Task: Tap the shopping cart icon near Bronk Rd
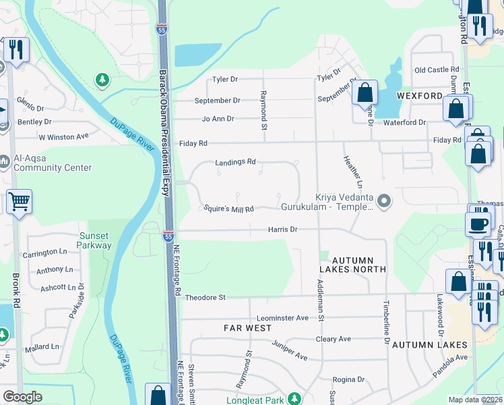(19, 200)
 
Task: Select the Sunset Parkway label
(95, 240)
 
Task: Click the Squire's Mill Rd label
(229, 209)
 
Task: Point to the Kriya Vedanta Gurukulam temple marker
(384, 200)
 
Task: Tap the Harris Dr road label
(283, 230)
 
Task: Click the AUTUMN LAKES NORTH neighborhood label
(353, 264)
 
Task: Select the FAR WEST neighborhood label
(248, 328)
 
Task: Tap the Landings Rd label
(235, 162)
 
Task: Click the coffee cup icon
(478, 224)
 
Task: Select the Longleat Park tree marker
(292, 399)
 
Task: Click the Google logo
(22, 397)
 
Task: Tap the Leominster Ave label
(282, 317)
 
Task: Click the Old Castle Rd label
(437, 70)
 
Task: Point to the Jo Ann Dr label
(217, 119)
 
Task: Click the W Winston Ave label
(63, 136)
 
